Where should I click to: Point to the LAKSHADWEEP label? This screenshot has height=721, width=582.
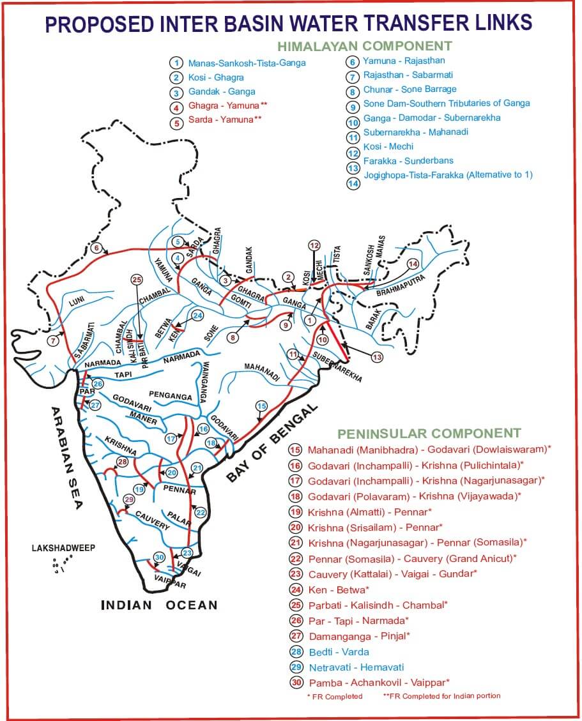63,548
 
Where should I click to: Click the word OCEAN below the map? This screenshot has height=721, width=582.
192,605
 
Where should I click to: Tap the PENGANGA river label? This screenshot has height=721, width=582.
171,397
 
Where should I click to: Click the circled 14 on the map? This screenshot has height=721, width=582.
413,264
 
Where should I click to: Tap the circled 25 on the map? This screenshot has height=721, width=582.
136,280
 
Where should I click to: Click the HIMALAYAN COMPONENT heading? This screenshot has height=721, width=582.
364,46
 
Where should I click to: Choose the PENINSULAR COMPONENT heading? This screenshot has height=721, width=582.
429,434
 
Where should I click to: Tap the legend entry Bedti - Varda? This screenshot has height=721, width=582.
339,651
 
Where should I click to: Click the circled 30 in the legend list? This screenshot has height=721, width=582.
296,683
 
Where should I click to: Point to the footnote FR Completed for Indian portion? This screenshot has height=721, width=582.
441,695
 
